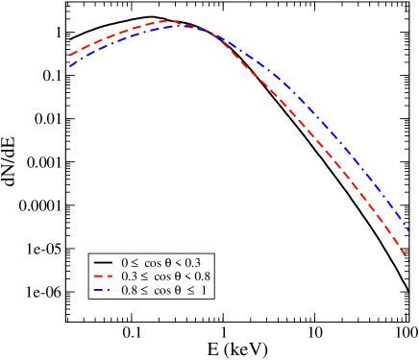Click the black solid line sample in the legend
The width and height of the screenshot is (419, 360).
(x=102, y=261)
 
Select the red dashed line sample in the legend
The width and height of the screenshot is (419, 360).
(x=102, y=276)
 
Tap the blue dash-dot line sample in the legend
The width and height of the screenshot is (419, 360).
(x=102, y=289)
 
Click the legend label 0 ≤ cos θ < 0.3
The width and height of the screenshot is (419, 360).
(x=160, y=261)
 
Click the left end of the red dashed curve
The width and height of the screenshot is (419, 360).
(x=70, y=56)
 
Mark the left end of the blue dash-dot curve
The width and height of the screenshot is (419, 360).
(x=70, y=66)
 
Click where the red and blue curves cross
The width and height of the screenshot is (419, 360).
(x=204, y=30)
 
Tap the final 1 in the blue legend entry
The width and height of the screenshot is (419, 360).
(x=204, y=289)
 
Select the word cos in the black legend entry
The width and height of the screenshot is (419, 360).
(x=152, y=261)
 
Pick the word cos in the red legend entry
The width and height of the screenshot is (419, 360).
(x=158, y=276)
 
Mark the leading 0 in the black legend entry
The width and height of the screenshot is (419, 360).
(x=124, y=261)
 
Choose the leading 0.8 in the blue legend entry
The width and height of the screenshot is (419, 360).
(x=127, y=289)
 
